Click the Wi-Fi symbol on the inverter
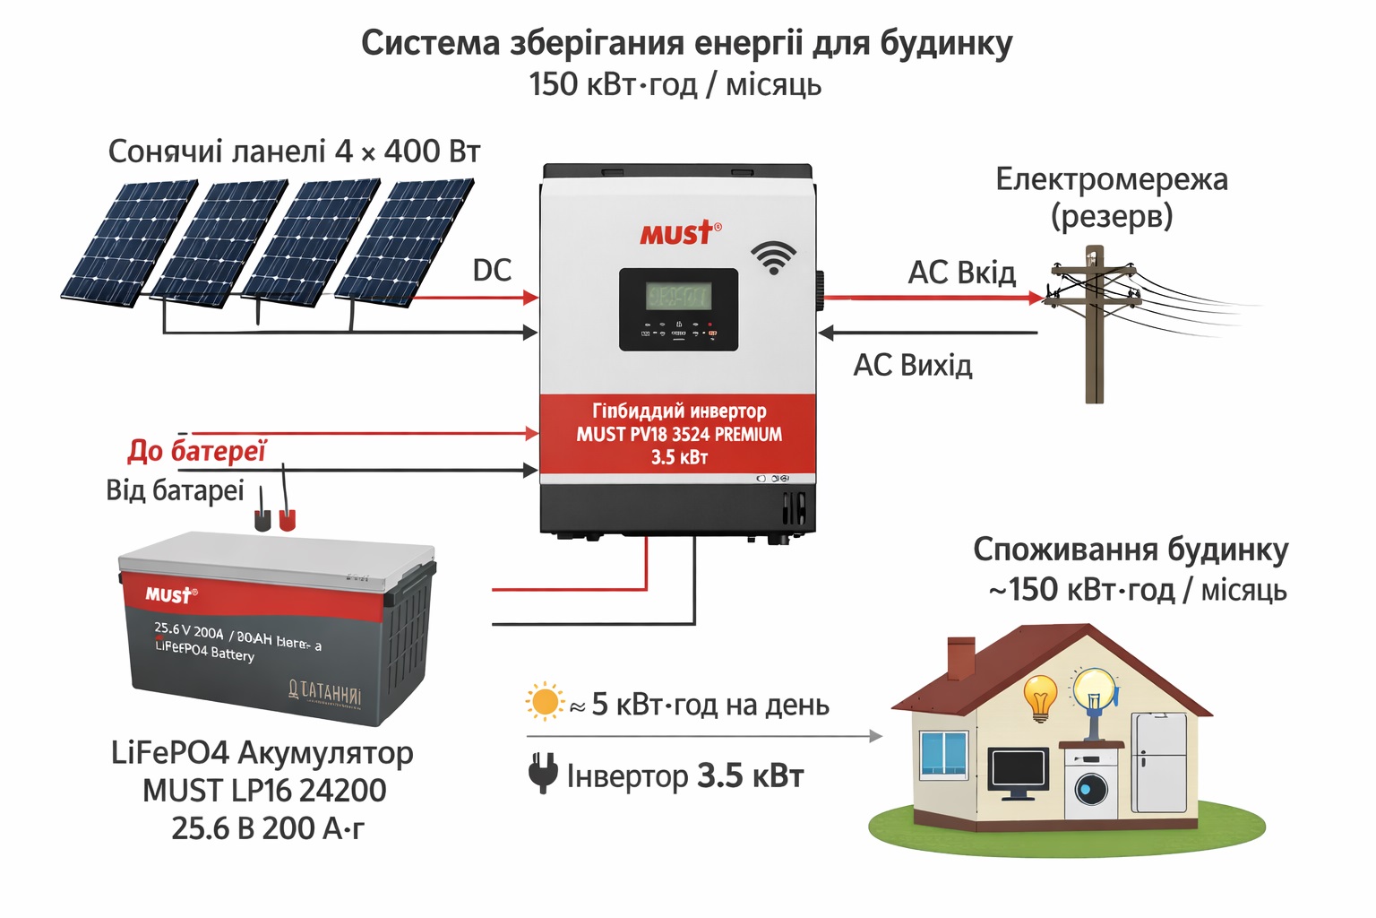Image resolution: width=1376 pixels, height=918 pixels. [772, 256]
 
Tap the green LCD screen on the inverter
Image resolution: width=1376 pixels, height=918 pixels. [678, 296]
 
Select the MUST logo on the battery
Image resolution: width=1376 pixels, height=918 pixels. [170, 594]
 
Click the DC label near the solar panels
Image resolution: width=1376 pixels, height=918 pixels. [492, 270]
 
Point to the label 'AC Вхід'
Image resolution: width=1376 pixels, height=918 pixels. [961, 273]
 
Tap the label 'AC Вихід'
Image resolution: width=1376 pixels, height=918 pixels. [912, 365]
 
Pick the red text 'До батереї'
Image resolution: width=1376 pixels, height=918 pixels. [197, 450]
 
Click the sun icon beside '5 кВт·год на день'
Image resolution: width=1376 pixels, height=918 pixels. [544, 702]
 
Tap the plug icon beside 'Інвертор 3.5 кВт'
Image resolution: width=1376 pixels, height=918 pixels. [543, 773]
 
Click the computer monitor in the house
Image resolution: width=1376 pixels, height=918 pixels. [1019, 773]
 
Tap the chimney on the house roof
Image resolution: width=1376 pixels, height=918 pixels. [960, 656]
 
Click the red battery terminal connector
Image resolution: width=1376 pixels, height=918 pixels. [287, 520]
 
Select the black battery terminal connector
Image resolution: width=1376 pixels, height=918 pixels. [262, 520]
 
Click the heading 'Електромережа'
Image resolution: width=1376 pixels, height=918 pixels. [1111, 179]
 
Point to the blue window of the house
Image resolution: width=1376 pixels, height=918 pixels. [943, 753]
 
